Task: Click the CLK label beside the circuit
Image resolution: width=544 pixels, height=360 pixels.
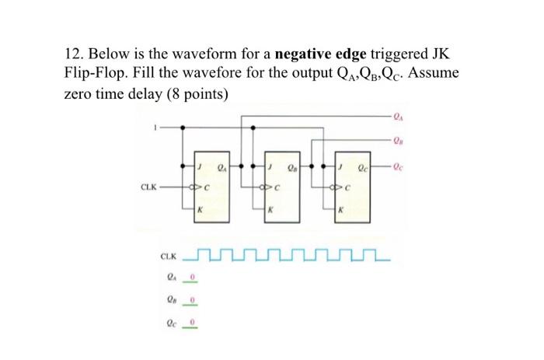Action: (x=148, y=187)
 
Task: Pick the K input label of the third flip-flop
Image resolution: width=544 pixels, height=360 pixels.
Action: (x=341, y=208)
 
